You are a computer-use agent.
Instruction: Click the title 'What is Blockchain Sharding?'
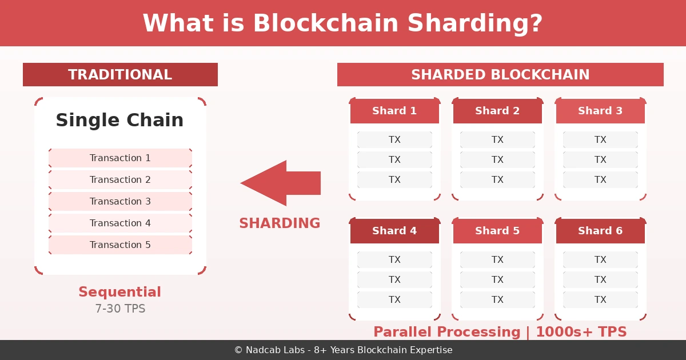342,23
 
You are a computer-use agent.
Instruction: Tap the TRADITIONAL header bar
120,75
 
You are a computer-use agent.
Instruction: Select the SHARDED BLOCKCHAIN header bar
500,75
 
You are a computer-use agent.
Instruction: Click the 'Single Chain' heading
119,121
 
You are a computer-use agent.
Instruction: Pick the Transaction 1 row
120,158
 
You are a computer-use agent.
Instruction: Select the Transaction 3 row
120,202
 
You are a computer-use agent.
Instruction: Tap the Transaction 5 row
120,245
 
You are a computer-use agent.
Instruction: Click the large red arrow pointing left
280,183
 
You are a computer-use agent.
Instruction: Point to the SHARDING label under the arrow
280,223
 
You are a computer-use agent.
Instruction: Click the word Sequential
119,292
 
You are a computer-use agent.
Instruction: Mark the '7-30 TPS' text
120,309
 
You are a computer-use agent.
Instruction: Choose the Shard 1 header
394,111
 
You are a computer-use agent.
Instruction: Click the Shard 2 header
497,111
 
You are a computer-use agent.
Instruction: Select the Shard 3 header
600,111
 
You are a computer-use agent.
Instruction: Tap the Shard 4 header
394,231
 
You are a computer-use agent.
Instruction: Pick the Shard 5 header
497,231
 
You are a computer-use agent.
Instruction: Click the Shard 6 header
600,231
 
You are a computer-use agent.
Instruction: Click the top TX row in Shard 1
394,140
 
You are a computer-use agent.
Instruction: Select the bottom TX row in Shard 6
600,300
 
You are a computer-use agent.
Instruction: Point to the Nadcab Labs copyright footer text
343,350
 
